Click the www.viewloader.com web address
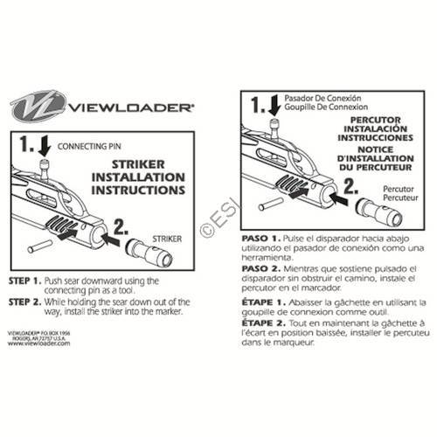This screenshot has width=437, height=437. (32, 344)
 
